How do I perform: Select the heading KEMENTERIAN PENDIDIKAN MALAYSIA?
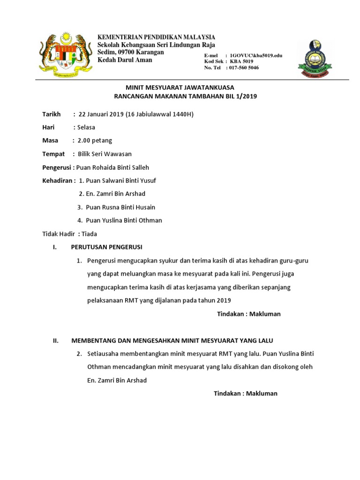156,37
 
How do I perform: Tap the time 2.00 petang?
95,140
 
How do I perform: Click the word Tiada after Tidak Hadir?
89,233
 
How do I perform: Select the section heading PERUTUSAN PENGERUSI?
106,247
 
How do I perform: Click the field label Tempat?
53,154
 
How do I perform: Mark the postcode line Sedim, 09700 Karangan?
130,52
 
